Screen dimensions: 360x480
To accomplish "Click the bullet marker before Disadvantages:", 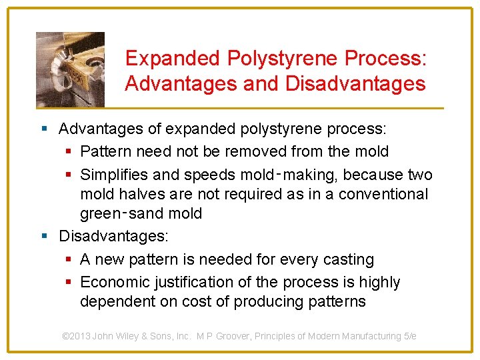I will pyautogui.click(x=45, y=236).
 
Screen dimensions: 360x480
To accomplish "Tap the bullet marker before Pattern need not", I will pyautogui.click(x=67, y=152).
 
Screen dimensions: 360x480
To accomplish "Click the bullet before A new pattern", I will pyautogui.click(x=67, y=259).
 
